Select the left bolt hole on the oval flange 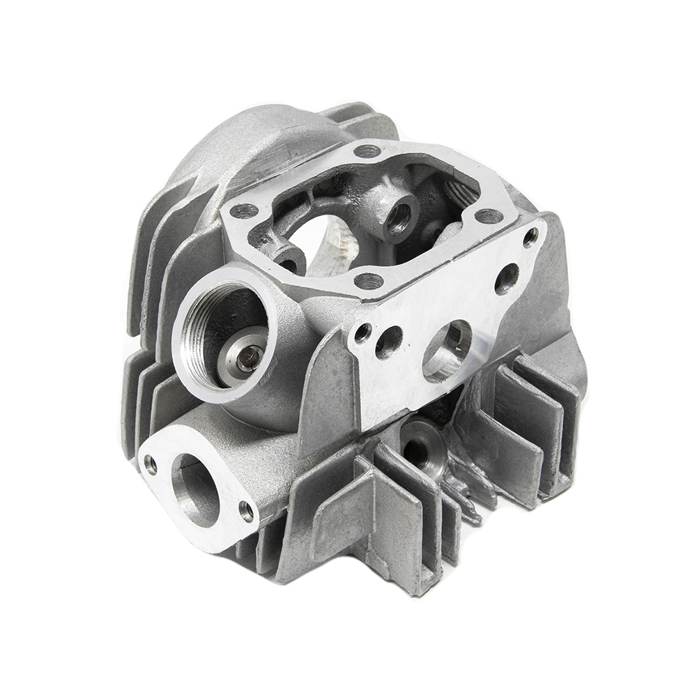coord(151,464)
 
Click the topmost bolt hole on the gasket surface coord(367,151)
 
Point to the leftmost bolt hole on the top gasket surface coord(243,210)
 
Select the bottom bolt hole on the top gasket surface coord(369,281)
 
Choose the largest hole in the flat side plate coord(447,350)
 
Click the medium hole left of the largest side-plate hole coord(389,342)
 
